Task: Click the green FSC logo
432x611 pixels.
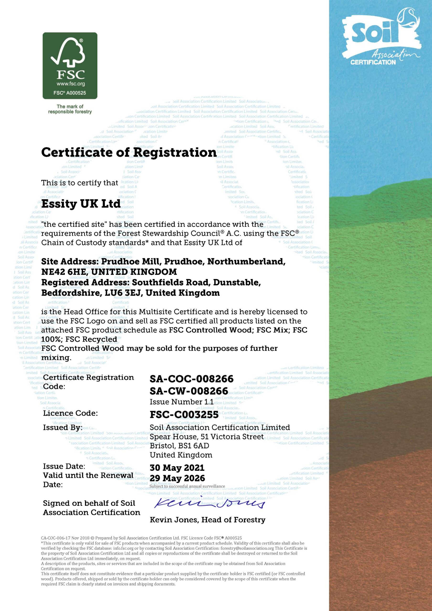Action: [x=70, y=65]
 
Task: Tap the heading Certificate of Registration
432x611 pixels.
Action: [x=129, y=153]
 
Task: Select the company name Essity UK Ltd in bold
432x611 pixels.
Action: [x=81, y=204]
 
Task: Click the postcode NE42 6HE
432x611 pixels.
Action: [x=65, y=272]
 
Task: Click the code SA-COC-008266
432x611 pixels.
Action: [x=191, y=379]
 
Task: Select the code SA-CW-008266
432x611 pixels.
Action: [x=189, y=391]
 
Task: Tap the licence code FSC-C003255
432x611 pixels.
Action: [x=184, y=414]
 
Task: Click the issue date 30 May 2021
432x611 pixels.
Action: [x=177, y=468]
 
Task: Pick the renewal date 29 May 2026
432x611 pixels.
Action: [x=177, y=478]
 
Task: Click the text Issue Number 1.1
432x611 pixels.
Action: [x=181, y=402]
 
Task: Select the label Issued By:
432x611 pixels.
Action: [x=63, y=427]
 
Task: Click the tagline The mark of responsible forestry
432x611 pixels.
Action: [x=70, y=109]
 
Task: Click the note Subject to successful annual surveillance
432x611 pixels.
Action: [x=187, y=486]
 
